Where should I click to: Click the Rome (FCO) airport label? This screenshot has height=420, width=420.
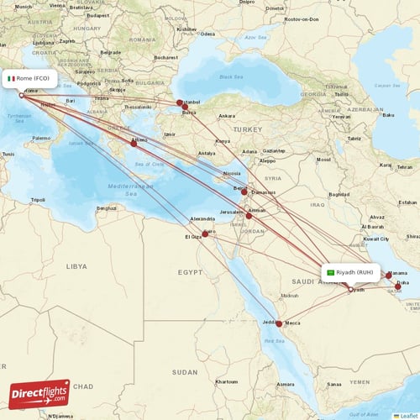pyautogui.click(x=34, y=78)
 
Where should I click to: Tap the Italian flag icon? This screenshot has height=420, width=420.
pyautogui.click(x=12, y=78)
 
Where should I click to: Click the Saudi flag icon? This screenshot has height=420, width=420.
pyautogui.click(x=331, y=272)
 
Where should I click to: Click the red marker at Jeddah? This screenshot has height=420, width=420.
pyautogui.click(x=280, y=323)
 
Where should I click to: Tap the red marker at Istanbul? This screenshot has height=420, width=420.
pyautogui.click(x=179, y=104)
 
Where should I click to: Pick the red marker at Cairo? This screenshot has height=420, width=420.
pyautogui.click(x=205, y=234)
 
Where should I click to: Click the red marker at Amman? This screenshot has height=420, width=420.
pyautogui.click(x=249, y=216)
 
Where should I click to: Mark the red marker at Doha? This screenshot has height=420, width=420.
pyautogui.click(x=398, y=286)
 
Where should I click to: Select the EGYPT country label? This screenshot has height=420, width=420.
pyautogui.click(x=190, y=272)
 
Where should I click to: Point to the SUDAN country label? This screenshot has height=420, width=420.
pyautogui.click(x=185, y=371)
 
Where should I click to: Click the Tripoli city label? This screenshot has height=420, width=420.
pyautogui.click(x=37, y=200)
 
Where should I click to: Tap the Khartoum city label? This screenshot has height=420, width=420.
pyautogui.click(x=226, y=381)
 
